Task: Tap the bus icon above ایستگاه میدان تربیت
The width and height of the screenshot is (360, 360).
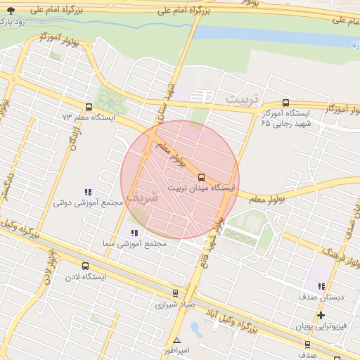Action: pos(202,176)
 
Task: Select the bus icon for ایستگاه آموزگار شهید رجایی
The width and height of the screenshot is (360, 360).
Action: pos(285,103)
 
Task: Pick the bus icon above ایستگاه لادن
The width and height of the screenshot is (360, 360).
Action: pos(86,266)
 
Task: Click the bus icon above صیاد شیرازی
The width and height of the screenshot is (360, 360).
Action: pos(175,293)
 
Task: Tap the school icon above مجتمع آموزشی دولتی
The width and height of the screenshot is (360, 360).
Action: pos(89,191)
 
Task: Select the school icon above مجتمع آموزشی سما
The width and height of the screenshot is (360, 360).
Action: pos(134,233)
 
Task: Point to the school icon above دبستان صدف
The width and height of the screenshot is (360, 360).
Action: pos(321,286)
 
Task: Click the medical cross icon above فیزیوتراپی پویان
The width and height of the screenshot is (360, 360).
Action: pos(321,314)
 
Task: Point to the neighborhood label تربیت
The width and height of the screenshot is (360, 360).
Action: pos(242,98)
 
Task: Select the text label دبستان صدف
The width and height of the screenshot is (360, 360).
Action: pos(323,297)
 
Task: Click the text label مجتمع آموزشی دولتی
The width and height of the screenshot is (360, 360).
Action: pos(89,202)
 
